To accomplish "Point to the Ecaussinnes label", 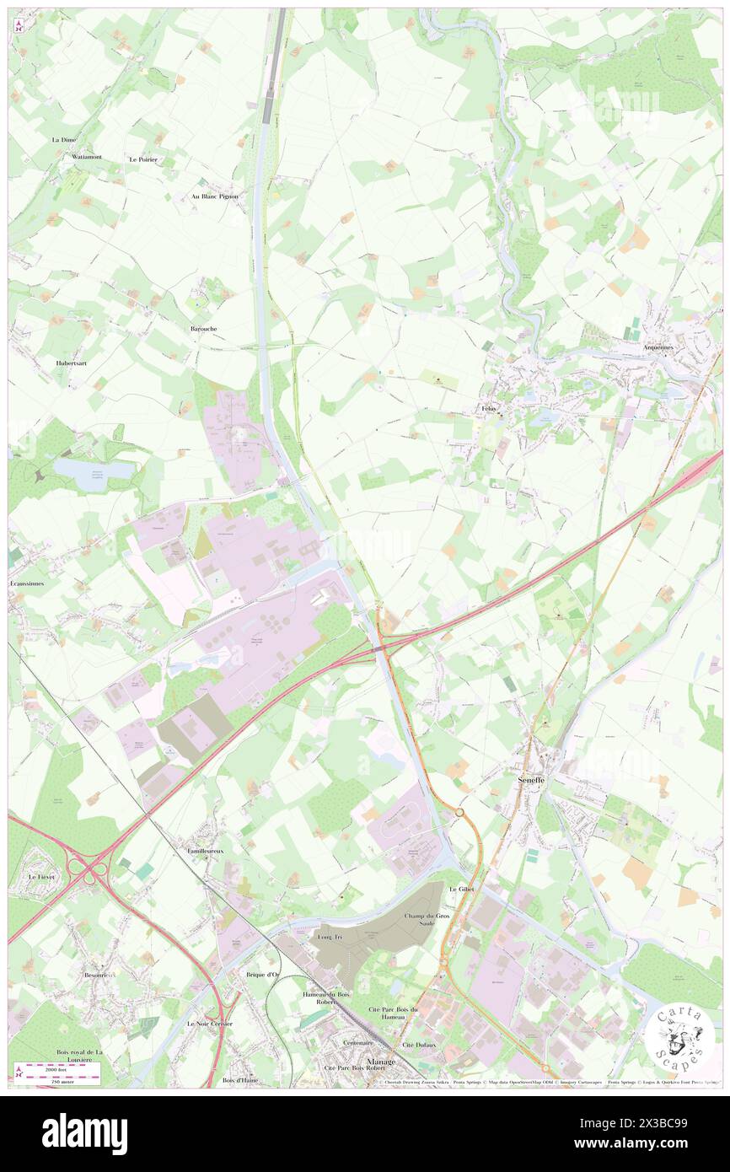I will point(26,583).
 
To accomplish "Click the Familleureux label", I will point(206,852).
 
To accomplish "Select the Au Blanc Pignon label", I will point(215,196).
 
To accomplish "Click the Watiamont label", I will point(87,157).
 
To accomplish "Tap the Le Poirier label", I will point(143,159).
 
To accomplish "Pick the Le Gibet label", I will point(462,890).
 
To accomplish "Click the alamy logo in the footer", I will point(84,1133).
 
